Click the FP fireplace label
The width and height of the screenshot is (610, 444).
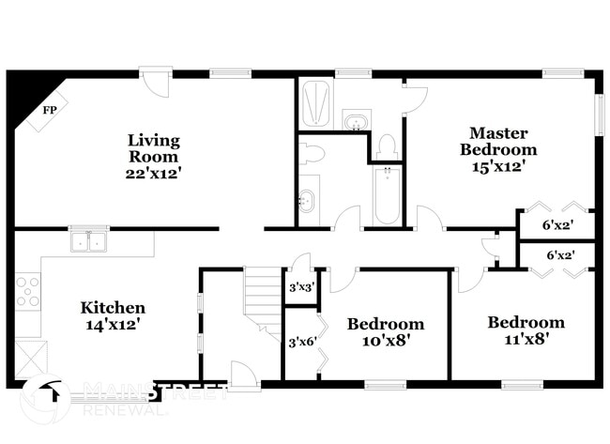(48, 110)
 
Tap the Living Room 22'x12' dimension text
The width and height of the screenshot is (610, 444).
(154, 173)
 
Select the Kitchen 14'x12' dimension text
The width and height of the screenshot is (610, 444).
(113, 325)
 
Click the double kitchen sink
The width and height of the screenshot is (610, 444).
(91, 241)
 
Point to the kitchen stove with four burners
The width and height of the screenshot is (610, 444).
(28, 292)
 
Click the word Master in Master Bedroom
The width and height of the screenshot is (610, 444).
(498, 133)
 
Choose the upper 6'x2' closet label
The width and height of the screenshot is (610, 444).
(559, 225)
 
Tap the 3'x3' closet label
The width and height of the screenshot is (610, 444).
(300, 287)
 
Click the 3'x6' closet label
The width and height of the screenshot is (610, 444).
(299, 342)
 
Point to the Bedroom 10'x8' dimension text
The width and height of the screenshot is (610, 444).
(386, 341)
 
